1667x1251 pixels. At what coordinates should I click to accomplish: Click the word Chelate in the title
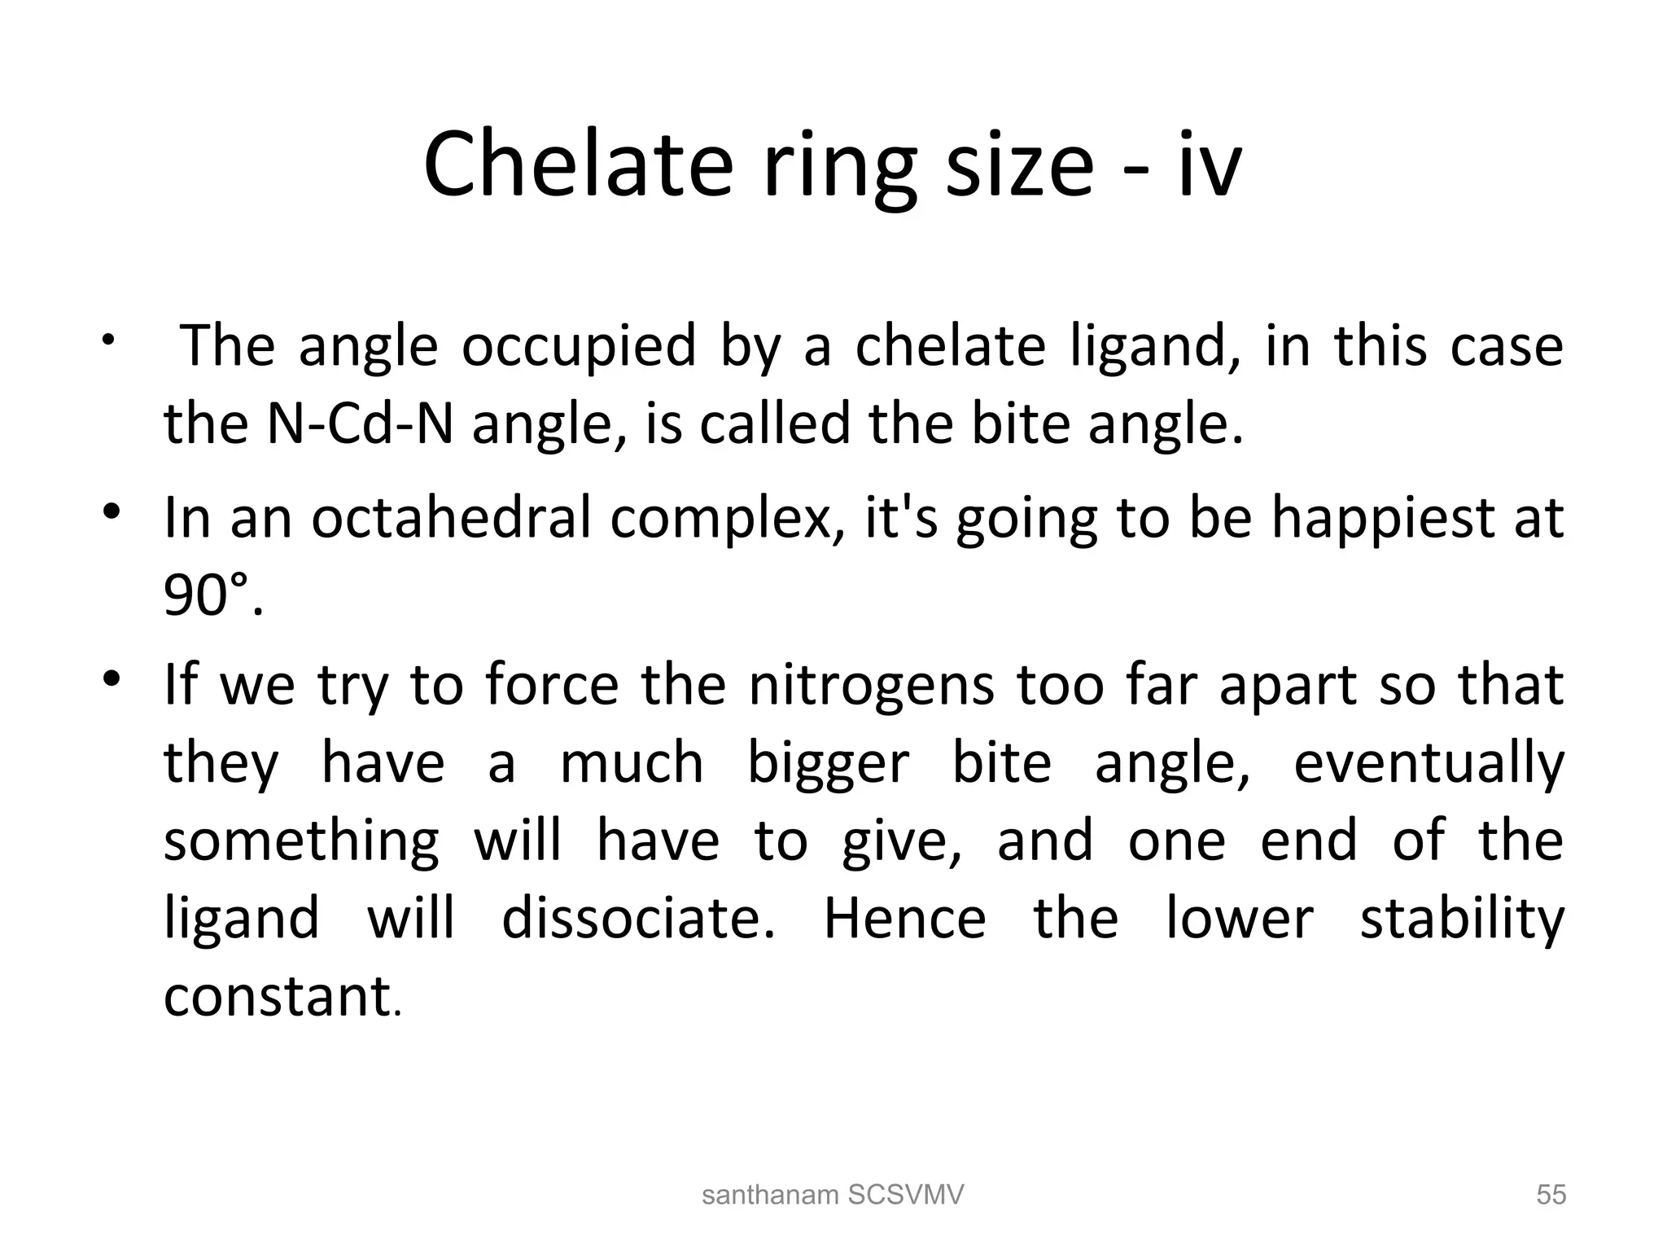click(x=578, y=165)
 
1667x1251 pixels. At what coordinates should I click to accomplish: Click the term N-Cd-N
click(x=360, y=424)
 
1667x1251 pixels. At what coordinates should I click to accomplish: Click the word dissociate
click(x=637, y=919)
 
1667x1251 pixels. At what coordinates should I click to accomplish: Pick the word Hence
click(x=904, y=919)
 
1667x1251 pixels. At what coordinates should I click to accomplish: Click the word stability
click(x=1462, y=920)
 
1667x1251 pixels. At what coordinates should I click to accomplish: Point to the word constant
click(x=278, y=996)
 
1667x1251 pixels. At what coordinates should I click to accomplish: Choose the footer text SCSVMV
click(x=906, y=1195)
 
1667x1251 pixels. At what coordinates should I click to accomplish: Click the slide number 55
click(x=1551, y=1195)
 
